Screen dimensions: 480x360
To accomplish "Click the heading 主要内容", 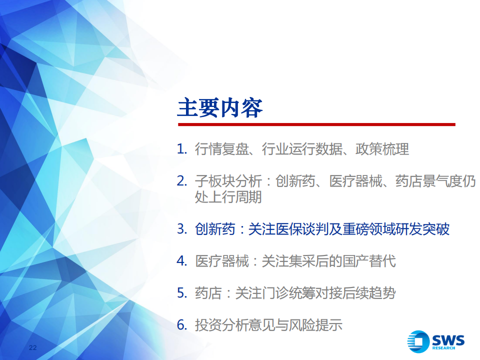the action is [x=220, y=108].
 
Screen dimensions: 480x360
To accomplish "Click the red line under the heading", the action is [x=316, y=124].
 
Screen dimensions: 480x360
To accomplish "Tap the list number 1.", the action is [x=182, y=149].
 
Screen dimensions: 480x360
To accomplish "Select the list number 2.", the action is [x=182, y=181].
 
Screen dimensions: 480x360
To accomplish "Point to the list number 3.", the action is [x=182, y=229].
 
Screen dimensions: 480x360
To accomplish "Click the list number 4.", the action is [x=182, y=261].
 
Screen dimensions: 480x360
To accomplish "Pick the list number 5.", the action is [x=182, y=293].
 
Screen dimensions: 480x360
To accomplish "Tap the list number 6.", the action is [x=182, y=325].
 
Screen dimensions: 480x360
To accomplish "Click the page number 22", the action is [x=33, y=347].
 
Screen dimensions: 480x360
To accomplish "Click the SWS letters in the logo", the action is [x=448, y=340].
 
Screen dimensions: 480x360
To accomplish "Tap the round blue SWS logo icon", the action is [x=418, y=341].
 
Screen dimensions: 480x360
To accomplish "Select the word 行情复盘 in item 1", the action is [x=221, y=149].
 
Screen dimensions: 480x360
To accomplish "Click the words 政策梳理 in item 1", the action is [x=382, y=149].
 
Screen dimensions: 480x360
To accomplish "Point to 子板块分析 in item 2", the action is [x=228, y=181].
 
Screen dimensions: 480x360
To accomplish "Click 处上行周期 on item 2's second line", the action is [x=228, y=197].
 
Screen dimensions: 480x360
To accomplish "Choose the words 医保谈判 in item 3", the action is [x=302, y=229].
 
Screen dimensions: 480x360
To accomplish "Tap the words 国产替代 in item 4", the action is [x=369, y=261].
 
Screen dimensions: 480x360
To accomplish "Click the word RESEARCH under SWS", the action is [x=443, y=348].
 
